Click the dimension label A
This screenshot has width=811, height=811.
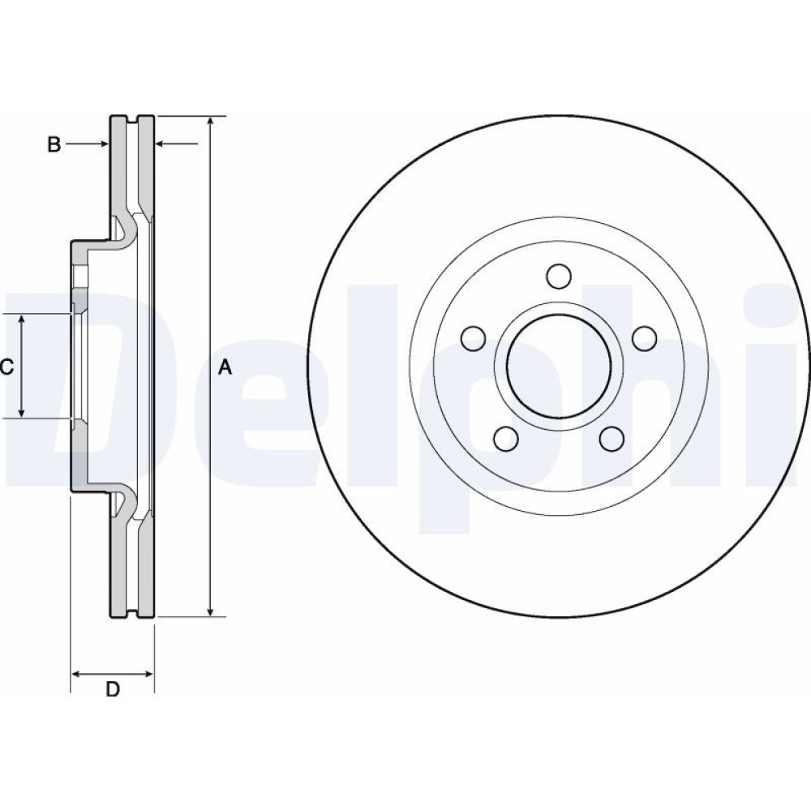(x=225, y=367)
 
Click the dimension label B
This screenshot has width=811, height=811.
(x=54, y=144)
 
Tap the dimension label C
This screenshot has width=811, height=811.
(x=6, y=367)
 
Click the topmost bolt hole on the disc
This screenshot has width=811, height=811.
(x=559, y=276)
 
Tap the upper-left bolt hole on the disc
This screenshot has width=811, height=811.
(x=474, y=338)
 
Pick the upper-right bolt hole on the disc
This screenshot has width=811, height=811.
(x=645, y=338)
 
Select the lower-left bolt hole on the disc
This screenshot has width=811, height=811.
(x=506, y=439)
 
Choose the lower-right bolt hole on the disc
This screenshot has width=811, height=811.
(x=611, y=439)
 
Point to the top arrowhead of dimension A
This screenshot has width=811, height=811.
(x=210, y=121)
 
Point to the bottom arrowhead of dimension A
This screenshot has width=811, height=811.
(x=210, y=611)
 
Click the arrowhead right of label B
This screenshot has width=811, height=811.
(x=105, y=144)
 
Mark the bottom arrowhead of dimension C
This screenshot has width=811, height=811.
(x=21, y=412)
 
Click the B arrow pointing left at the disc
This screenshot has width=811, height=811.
(x=176, y=144)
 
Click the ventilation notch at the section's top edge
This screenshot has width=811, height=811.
(x=133, y=119)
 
